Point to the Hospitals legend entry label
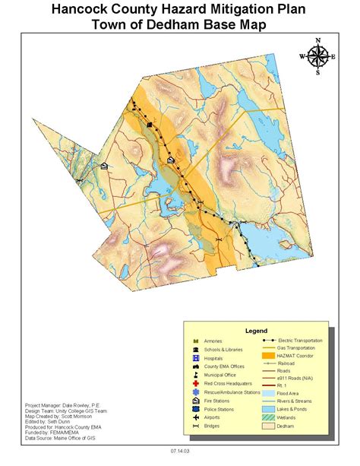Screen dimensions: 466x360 coord(219,357)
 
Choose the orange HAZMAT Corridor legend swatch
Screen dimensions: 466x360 coord(267,355)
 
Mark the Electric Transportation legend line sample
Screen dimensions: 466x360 coord(267,340)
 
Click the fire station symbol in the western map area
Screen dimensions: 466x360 coord(104,165)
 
